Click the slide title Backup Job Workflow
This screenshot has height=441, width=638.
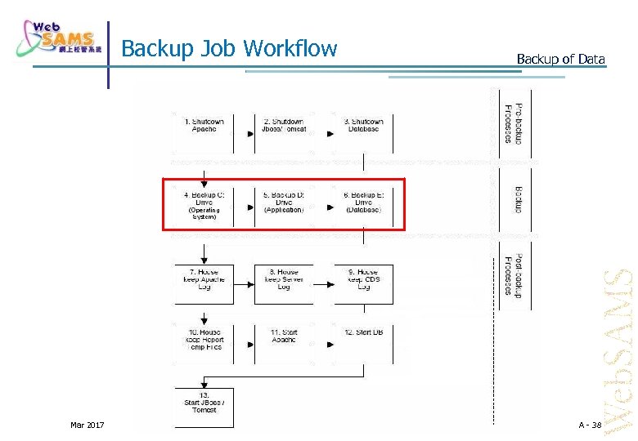(229, 49)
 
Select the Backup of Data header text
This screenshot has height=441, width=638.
(560, 59)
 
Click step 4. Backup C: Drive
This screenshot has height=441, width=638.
(204, 204)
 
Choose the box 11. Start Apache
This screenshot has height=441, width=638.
(284, 337)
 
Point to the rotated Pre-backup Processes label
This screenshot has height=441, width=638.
(514, 124)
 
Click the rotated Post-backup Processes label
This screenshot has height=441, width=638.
(514, 276)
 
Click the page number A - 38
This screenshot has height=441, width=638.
(589, 425)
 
